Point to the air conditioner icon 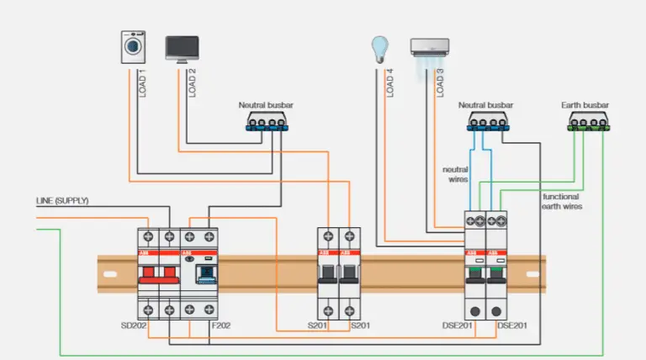(429, 47)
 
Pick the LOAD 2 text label (192, 82)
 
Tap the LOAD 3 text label (439, 82)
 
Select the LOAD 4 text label (389, 82)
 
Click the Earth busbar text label (585, 105)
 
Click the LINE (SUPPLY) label (61, 201)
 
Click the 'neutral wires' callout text (456, 174)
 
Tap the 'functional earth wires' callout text (562, 200)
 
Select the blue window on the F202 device (202, 272)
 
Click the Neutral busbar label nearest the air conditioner (485, 105)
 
